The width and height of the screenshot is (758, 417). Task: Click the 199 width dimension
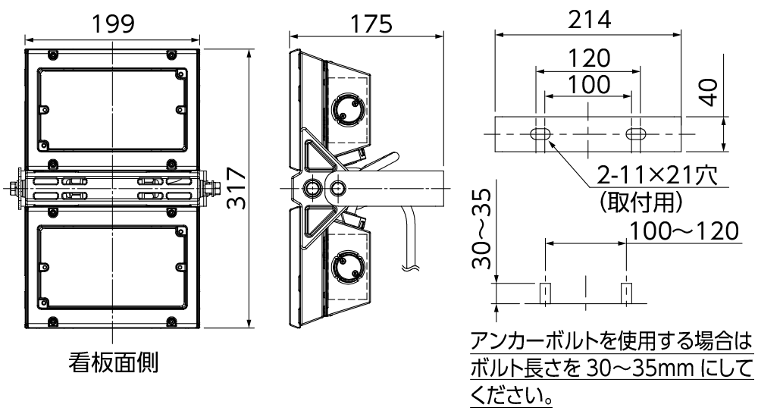point(114,24)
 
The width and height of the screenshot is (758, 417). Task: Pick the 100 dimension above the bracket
point(588,84)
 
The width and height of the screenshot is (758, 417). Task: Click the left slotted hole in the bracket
point(540,134)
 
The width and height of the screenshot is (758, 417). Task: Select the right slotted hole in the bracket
point(635,134)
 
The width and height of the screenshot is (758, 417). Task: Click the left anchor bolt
point(544,293)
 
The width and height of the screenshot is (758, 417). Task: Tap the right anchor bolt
point(626,293)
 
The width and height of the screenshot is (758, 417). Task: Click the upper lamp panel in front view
point(112,111)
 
